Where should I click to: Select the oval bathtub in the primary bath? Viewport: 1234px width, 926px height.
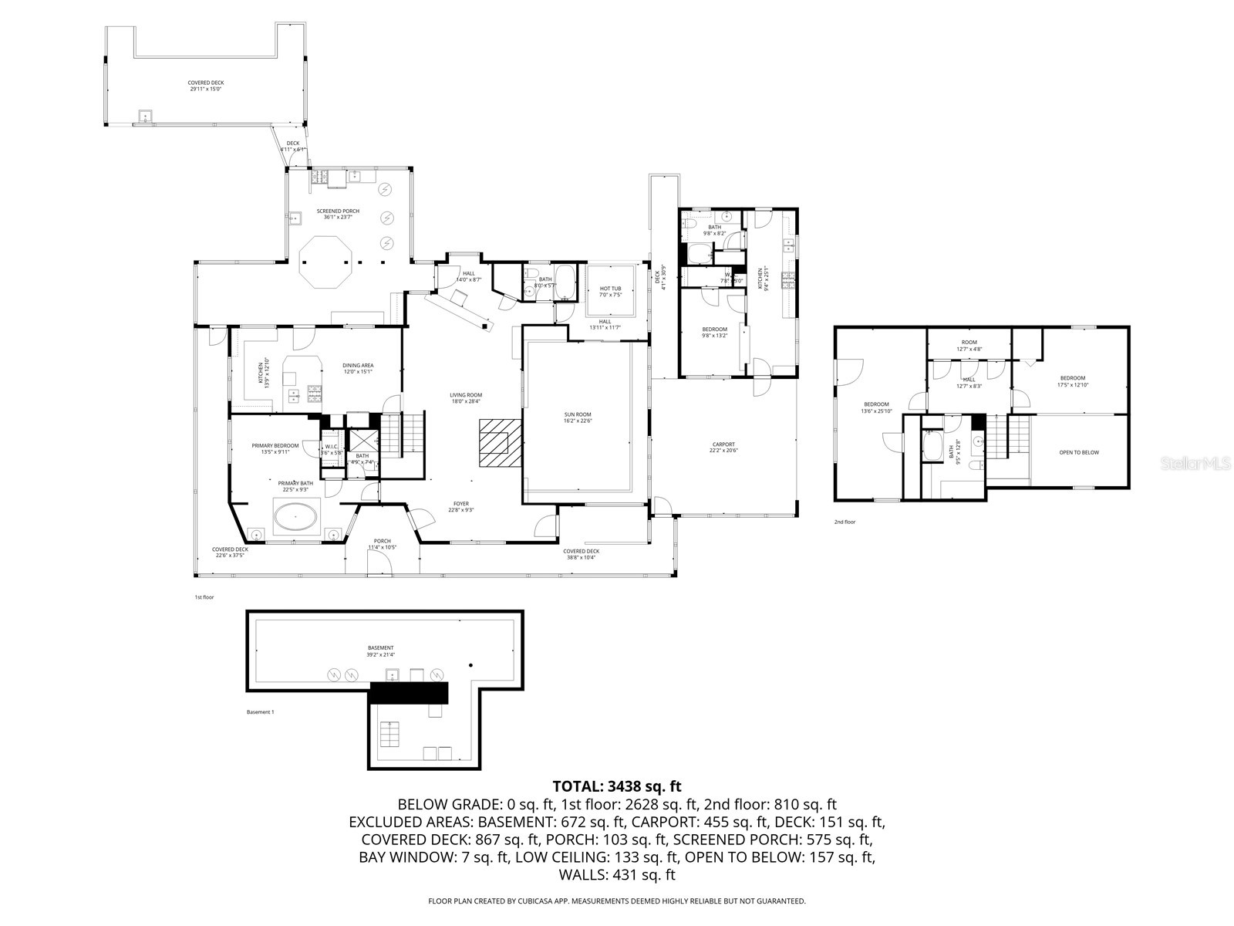tap(297, 517)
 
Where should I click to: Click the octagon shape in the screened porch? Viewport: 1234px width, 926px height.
tap(325, 263)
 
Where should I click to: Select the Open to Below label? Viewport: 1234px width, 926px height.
tap(1079, 453)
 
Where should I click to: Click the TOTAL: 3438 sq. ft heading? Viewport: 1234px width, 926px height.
tap(616, 786)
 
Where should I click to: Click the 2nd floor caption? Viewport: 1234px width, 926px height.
tap(845, 522)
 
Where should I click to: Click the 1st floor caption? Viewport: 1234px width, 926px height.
tap(204, 597)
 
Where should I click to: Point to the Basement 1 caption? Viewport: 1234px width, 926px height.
tap(259, 712)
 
